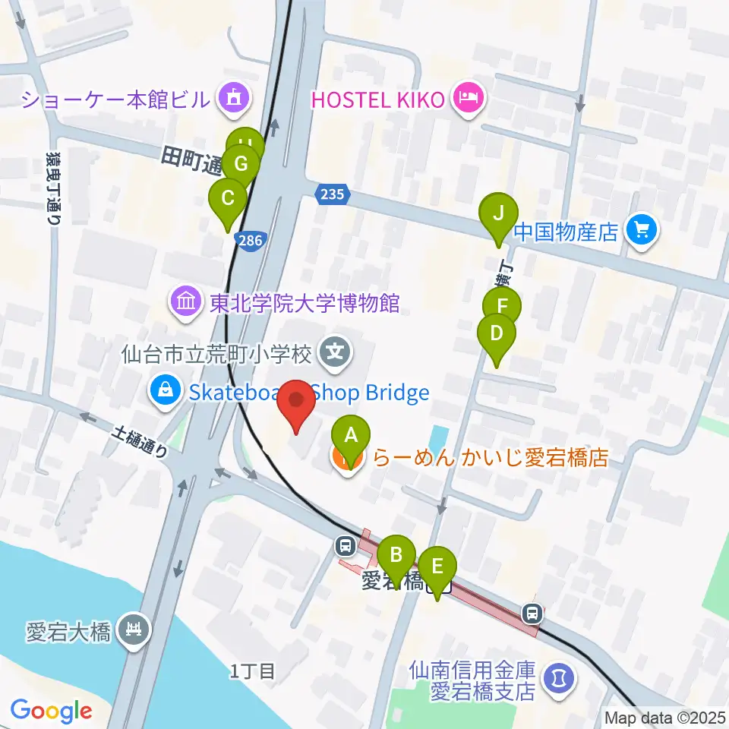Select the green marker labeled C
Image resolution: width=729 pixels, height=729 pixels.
point(227,200)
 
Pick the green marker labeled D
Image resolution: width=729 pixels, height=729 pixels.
point(497,334)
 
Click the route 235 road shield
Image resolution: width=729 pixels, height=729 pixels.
point(331,194)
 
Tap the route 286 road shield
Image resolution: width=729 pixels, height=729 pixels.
point(252,240)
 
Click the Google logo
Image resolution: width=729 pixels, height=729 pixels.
point(51,711)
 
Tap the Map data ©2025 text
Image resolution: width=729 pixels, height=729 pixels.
point(665,717)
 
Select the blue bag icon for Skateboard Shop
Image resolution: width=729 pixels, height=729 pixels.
point(164,392)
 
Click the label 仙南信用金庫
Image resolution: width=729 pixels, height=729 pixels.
point(472,671)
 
